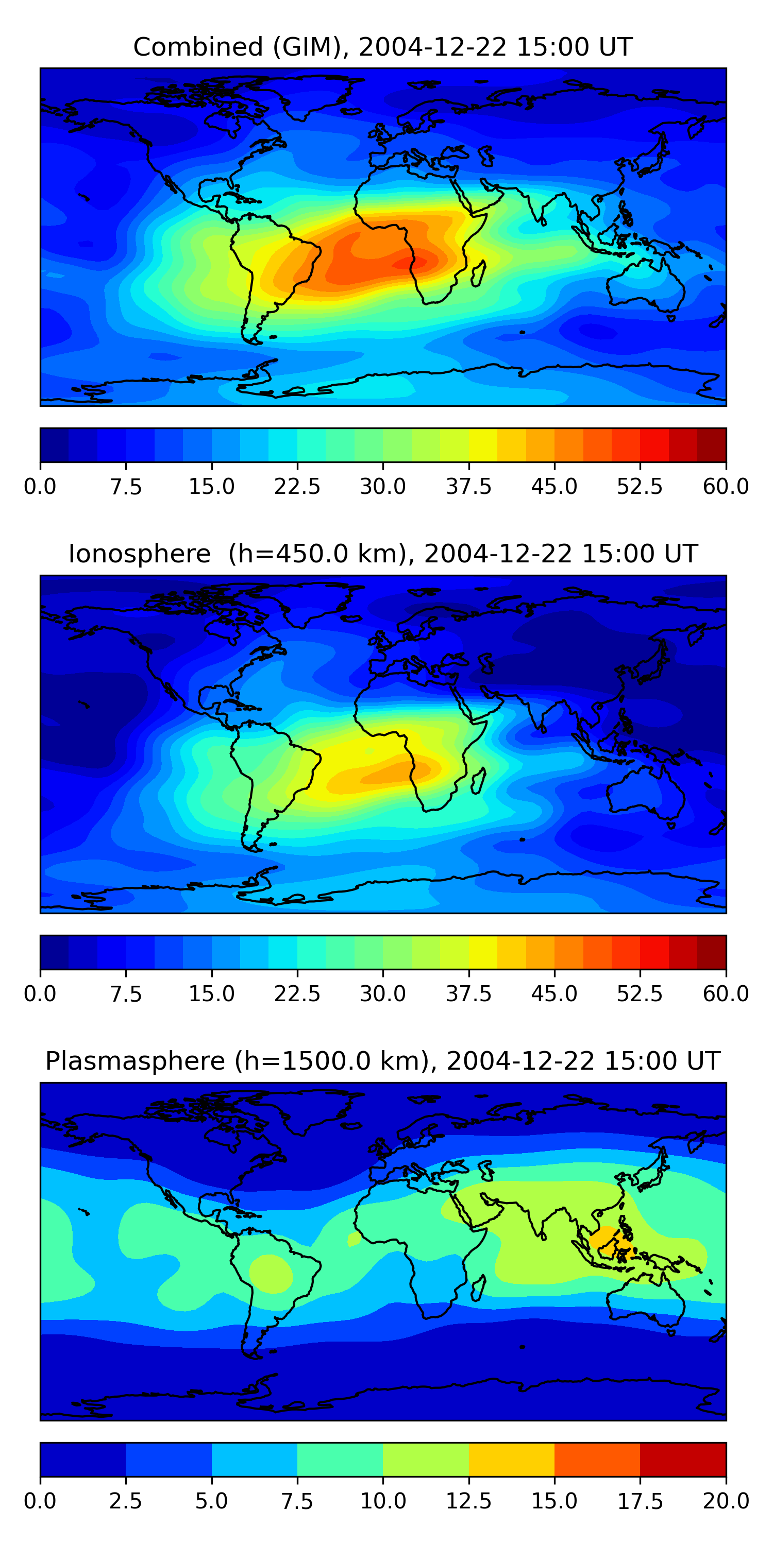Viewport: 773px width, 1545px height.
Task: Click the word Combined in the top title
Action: (198, 47)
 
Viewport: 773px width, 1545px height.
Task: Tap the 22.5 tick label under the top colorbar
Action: (297, 486)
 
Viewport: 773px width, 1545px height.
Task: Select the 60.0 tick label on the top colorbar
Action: (726, 486)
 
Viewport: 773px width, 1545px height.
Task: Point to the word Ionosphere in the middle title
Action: (139, 554)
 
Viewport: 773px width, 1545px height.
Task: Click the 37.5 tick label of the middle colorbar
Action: (468, 994)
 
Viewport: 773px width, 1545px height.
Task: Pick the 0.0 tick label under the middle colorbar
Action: (40, 994)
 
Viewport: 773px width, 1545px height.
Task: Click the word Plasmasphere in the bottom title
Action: (135, 1061)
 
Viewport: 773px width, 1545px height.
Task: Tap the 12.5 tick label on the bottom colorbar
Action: (468, 1501)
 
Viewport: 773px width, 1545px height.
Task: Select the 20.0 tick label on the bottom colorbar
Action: (726, 1501)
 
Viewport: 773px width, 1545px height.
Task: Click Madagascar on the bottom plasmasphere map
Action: (478, 1287)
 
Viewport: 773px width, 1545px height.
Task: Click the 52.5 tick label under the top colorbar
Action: (640, 486)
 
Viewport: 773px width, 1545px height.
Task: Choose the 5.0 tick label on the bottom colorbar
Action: (211, 1501)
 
